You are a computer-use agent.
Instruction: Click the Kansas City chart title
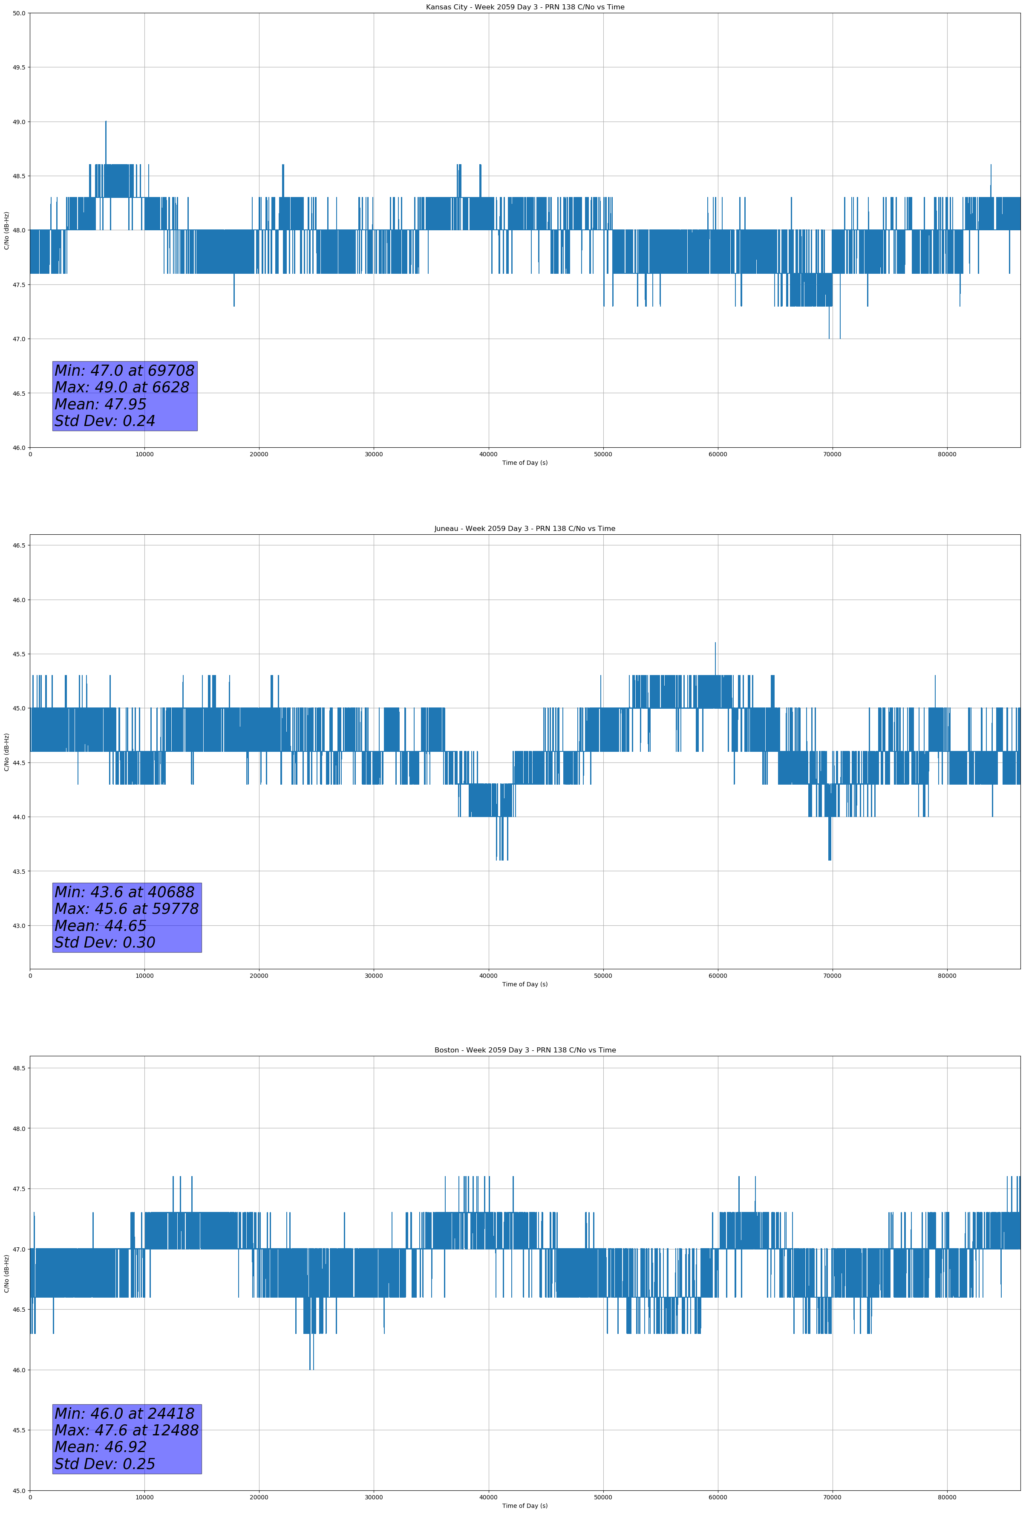[525, 7]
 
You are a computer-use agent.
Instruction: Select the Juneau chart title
[525, 529]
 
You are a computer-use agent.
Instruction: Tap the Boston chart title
[525, 1050]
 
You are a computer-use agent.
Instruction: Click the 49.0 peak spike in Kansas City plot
[106, 124]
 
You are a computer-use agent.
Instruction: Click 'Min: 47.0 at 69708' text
[124, 371]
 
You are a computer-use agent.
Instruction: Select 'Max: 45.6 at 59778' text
[126, 909]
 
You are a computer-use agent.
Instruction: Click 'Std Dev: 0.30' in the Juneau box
[105, 943]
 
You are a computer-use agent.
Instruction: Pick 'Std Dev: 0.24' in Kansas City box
[105, 421]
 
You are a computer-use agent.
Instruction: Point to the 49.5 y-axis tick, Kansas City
[19, 68]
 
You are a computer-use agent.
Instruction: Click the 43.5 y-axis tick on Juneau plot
[19, 871]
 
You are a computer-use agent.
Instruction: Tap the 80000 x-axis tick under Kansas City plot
[947, 455]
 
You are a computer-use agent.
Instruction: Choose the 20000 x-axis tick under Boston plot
[259, 1497]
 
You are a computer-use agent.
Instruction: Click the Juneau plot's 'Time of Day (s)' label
[525, 984]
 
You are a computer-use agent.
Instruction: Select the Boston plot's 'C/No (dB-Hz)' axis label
[6, 1273]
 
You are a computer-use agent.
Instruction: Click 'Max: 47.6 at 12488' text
[126, 1430]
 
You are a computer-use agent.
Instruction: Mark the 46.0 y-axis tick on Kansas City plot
[19, 447]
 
